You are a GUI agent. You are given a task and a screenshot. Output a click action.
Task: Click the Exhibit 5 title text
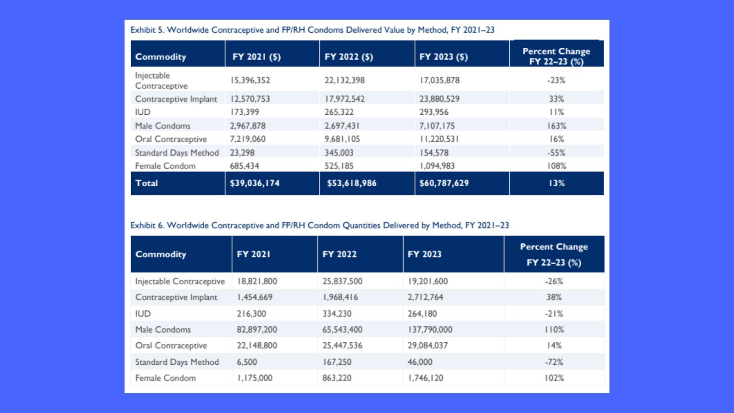tap(312, 30)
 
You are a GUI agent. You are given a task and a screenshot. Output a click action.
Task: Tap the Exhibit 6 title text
tap(319, 225)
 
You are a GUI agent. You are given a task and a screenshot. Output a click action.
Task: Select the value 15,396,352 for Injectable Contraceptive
tap(250, 80)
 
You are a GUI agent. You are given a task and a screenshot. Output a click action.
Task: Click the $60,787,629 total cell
tap(444, 183)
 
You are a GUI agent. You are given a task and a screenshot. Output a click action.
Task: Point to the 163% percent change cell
tap(556, 126)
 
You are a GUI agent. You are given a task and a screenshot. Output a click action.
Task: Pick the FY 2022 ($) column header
tap(349, 57)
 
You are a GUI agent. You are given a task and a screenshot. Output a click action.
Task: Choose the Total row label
tap(146, 183)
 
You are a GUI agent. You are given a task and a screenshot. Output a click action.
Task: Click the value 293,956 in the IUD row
tap(434, 112)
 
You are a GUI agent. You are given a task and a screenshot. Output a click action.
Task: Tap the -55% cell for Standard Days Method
tap(556, 153)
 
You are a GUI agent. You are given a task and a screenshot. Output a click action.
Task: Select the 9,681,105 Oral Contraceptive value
tap(342, 139)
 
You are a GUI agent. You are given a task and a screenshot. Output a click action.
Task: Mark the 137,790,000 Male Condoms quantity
tap(430, 329)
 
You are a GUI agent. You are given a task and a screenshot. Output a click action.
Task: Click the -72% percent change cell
tap(554, 362)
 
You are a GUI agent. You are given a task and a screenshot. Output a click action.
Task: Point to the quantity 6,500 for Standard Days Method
tap(247, 362)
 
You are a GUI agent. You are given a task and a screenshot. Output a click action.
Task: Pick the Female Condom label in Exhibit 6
tap(166, 378)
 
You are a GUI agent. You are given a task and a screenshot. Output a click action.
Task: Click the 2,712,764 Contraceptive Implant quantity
tap(425, 297)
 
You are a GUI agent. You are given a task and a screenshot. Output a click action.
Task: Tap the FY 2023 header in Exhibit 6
tap(425, 254)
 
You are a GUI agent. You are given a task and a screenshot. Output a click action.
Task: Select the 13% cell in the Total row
tap(557, 183)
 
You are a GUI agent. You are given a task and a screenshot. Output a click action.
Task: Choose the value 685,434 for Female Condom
tap(245, 166)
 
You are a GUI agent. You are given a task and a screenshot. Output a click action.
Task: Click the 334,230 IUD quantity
tap(337, 314)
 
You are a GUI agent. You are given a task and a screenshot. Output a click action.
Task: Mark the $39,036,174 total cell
tap(255, 183)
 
